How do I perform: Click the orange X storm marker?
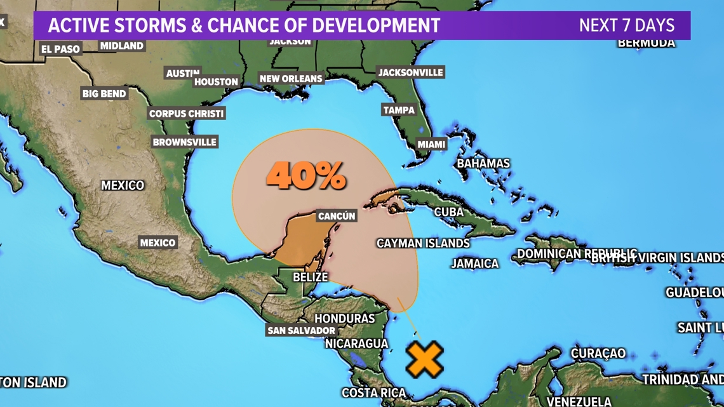point(424,359)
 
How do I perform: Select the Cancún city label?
point(337,216)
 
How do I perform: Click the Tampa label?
point(399,110)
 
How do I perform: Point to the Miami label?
point(431,144)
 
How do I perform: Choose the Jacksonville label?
point(410,72)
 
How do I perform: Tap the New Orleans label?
point(292,79)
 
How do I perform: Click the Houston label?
point(217,81)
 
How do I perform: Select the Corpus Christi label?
point(186,114)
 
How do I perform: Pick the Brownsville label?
point(184,142)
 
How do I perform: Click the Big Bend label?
point(104,93)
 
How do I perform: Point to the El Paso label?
point(60,49)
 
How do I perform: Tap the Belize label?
point(310,277)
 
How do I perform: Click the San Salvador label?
point(301,330)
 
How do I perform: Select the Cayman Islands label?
point(423,243)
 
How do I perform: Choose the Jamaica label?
point(474,263)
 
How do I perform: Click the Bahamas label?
point(483,163)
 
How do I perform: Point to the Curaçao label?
point(598,353)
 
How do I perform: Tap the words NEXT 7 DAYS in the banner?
point(626,25)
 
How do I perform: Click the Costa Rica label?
point(374,392)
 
